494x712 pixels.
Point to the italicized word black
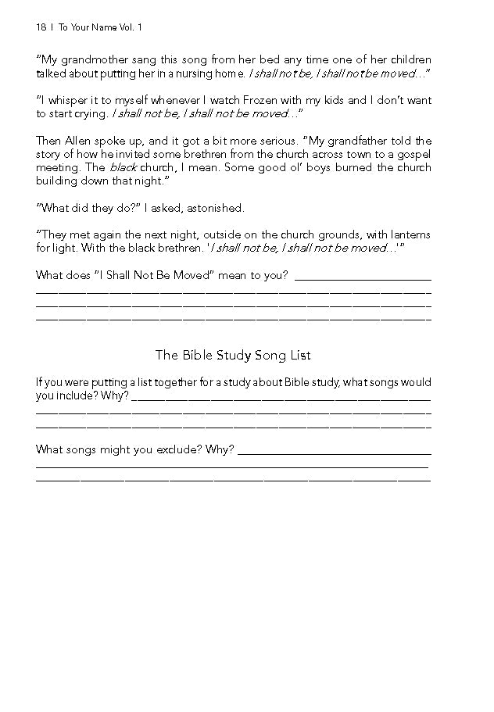122,167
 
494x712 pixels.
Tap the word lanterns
409,235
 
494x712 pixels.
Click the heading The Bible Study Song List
233,356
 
